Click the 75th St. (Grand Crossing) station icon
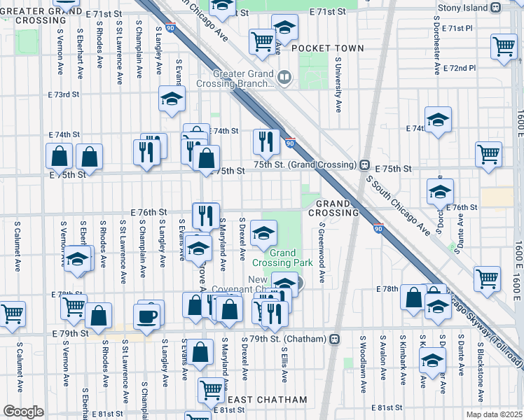pyautogui.click(x=364, y=165)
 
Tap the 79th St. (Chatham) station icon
pyautogui.click(x=335, y=339)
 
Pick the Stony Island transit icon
pyautogui.click(x=495, y=8)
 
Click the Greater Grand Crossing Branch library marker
pyautogui.click(x=284, y=77)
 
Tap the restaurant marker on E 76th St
pyautogui.click(x=205, y=215)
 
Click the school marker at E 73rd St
pyautogui.click(x=171, y=99)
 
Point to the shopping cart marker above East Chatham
pyautogui.click(x=211, y=389)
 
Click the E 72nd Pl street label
pyautogui.click(x=459, y=69)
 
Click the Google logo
pyautogui.click(x=23, y=412)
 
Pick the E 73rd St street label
pyautogui.click(x=64, y=94)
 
